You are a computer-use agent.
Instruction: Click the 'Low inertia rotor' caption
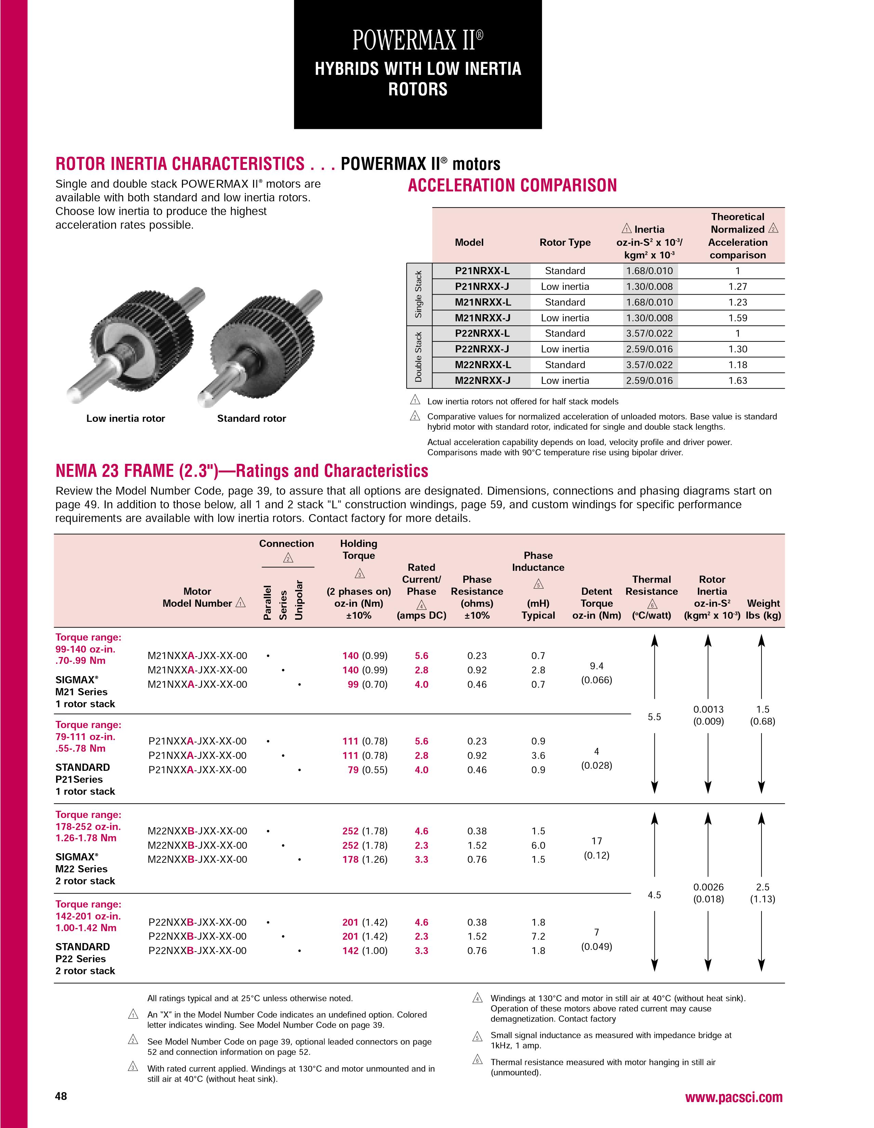point(125,418)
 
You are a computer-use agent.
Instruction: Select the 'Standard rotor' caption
point(252,418)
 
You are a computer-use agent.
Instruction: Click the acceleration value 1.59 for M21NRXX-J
point(738,318)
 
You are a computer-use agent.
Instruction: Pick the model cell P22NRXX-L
point(482,334)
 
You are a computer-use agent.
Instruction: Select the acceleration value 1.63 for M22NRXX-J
point(738,381)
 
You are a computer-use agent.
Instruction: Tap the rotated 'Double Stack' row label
point(419,357)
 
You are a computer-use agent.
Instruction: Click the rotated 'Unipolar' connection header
point(299,600)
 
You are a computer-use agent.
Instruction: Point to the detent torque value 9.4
point(597,666)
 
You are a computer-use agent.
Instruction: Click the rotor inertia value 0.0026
point(708,887)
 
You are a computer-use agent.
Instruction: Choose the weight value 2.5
point(763,887)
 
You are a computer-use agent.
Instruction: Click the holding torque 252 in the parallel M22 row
point(350,831)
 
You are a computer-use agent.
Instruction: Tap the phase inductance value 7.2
point(538,936)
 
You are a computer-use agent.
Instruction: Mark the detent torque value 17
point(597,841)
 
